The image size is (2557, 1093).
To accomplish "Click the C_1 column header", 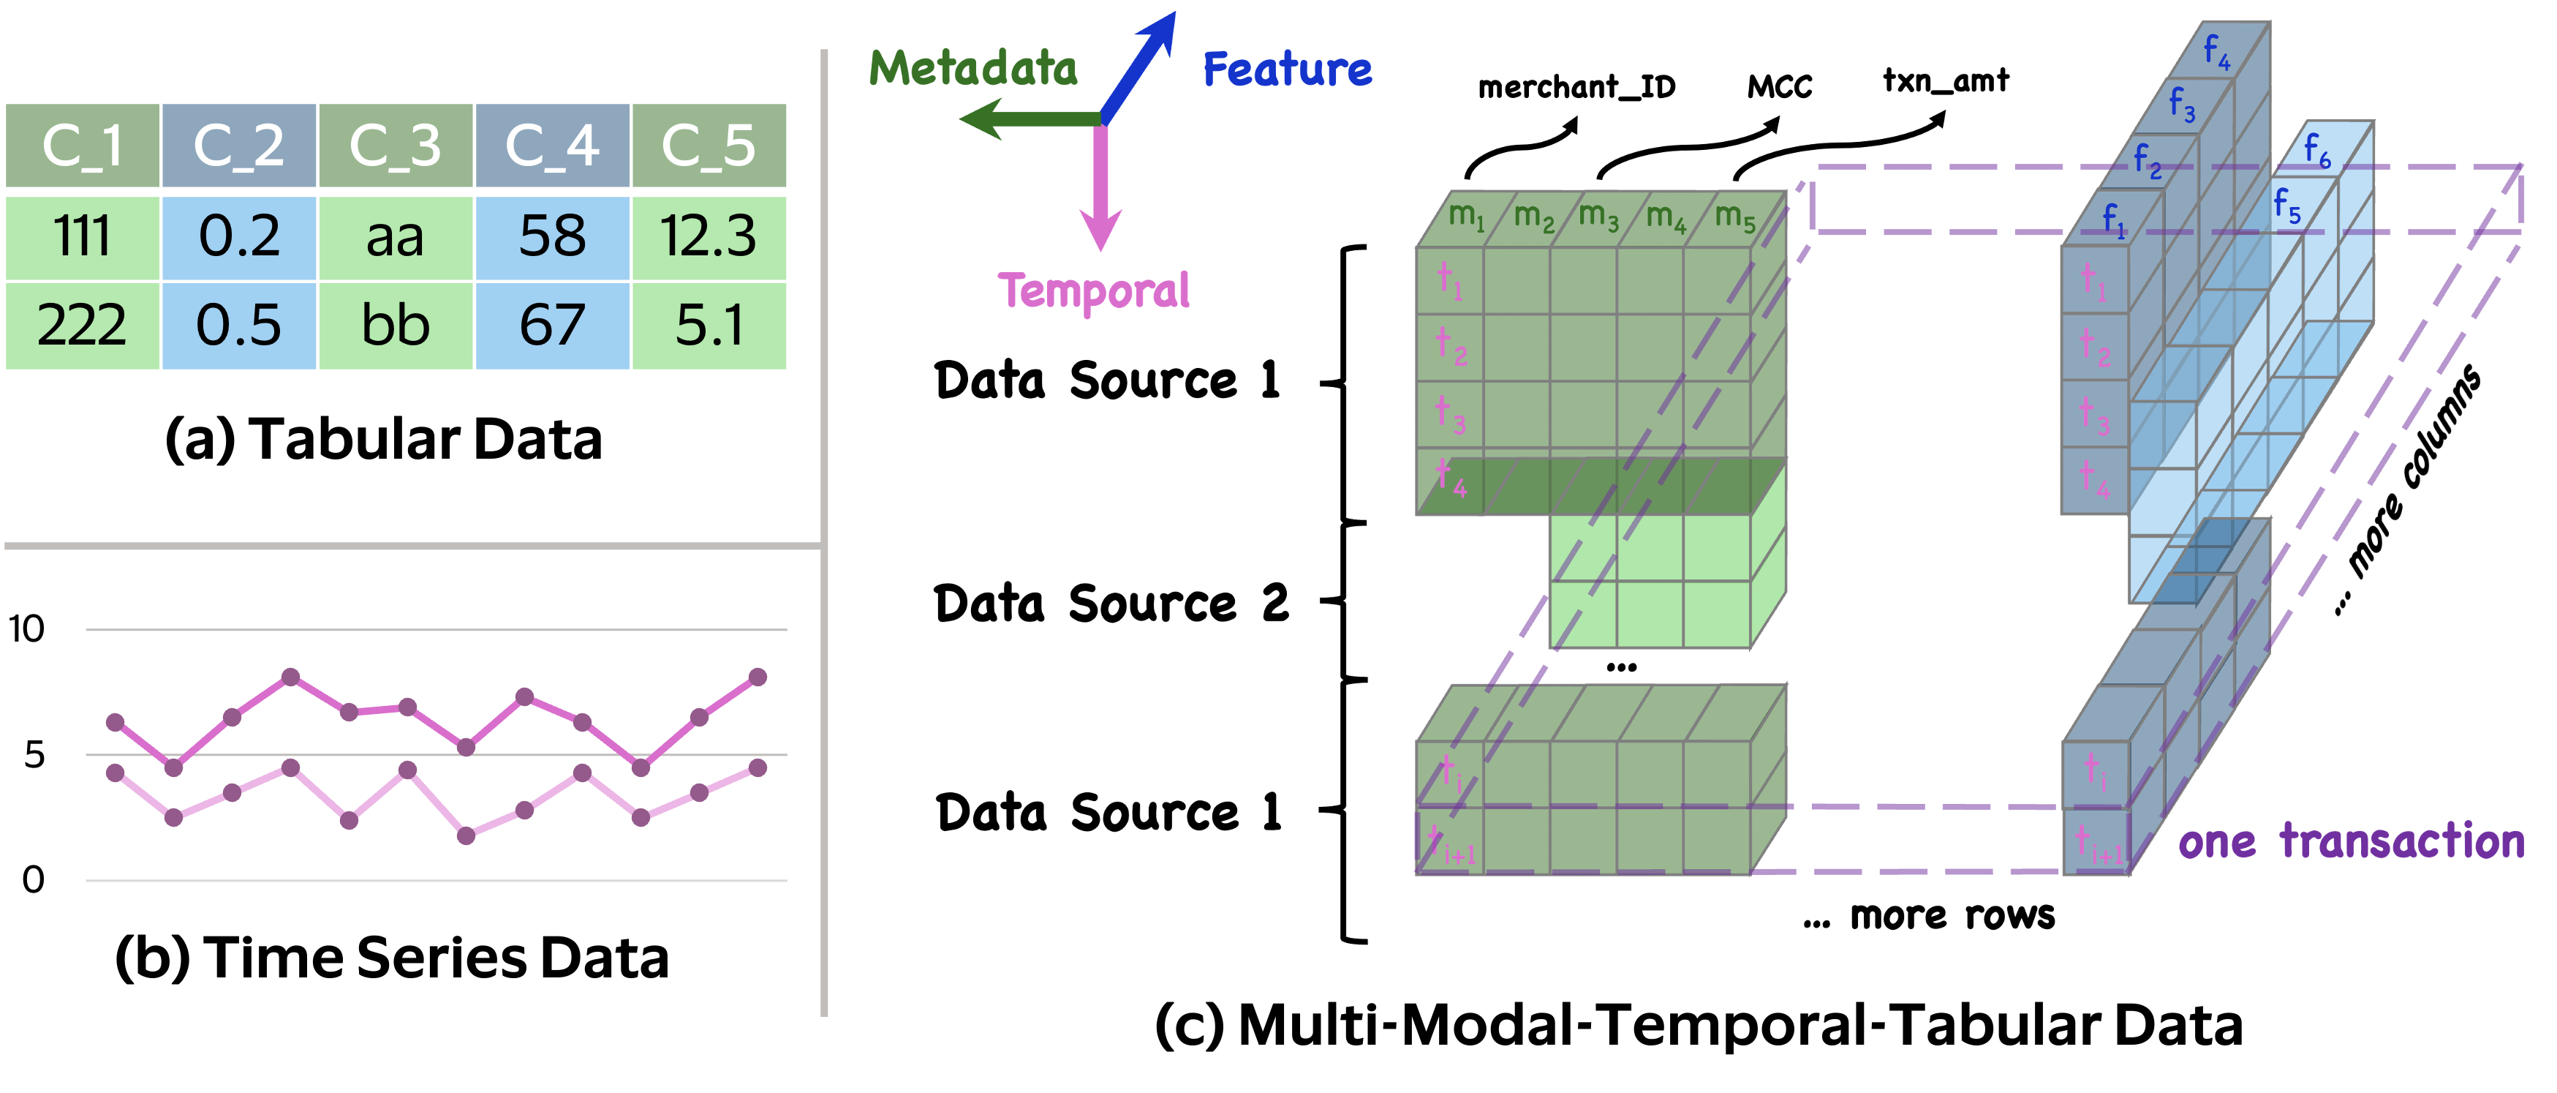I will pos(83,146).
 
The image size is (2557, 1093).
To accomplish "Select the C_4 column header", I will pos(552,146).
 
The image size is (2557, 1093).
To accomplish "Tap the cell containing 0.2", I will pos(239,237).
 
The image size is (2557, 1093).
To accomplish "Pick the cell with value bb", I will pos(395,326).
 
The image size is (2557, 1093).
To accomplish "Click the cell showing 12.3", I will pos(709,237).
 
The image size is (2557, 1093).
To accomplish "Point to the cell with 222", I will pos(83,326).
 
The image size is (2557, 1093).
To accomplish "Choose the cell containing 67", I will pos(552,326).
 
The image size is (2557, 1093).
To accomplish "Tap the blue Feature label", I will pos(1288,70).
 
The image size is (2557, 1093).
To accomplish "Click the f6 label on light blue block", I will pos(2316,150).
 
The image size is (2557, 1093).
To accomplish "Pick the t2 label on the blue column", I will pos(2094,347).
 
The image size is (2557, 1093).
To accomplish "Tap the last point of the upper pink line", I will pos(758,677).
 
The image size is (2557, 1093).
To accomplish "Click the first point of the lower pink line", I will pos(115,773).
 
